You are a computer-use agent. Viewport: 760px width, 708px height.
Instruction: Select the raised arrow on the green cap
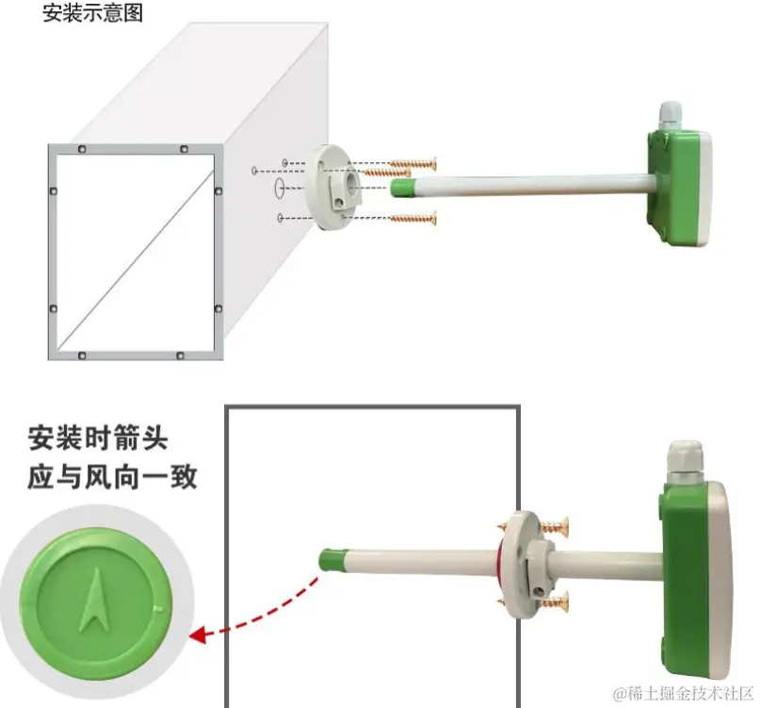96,601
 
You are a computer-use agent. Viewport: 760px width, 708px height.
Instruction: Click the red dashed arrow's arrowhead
198,633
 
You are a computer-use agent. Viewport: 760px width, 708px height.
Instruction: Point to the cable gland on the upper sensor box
669,116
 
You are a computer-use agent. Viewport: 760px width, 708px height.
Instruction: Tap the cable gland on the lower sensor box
685,461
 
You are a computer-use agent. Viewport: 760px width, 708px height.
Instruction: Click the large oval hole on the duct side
279,188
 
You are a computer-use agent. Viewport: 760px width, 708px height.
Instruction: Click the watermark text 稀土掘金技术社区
687,694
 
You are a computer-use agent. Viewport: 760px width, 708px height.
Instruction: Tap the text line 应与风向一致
112,477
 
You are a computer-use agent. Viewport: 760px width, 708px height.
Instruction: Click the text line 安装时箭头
98,438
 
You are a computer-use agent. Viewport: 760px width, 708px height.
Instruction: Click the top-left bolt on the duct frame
81,149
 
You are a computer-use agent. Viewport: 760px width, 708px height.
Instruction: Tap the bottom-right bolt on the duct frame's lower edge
180,355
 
